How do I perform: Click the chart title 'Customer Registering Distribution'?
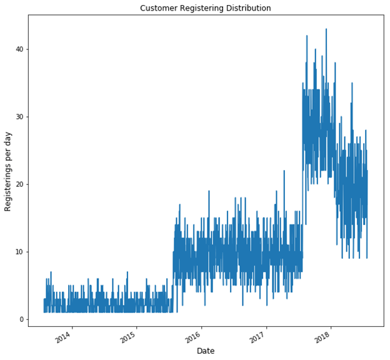pos(206,8)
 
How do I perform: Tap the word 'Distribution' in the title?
pos(248,8)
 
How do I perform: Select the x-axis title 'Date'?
pos(206,351)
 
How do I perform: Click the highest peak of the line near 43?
pos(326,29)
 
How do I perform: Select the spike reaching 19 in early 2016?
pos(209,191)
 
